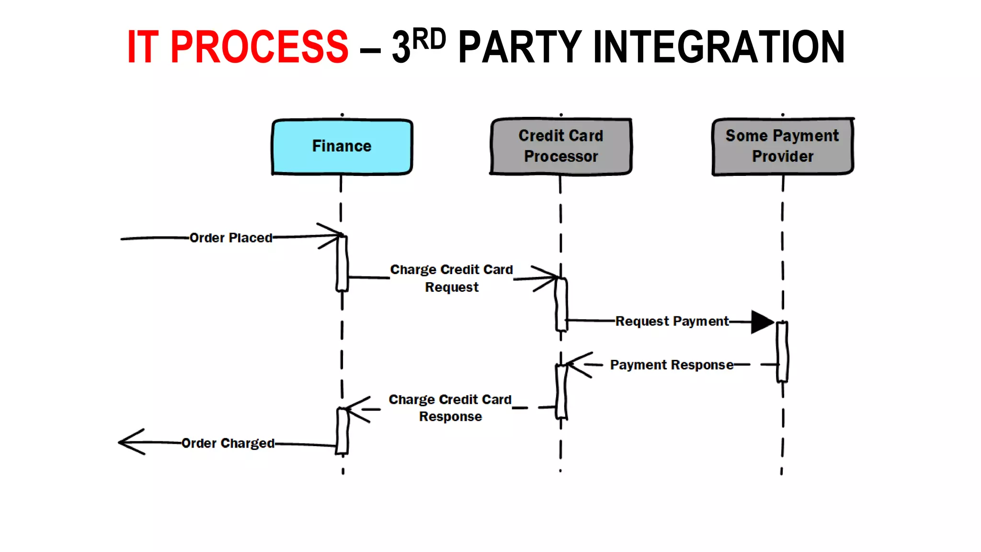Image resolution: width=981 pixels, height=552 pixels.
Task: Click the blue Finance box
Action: click(342, 147)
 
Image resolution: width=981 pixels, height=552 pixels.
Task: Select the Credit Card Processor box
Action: click(561, 146)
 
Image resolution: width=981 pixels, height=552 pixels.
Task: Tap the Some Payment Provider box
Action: click(782, 146)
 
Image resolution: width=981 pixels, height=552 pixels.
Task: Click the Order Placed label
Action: click(231, 238)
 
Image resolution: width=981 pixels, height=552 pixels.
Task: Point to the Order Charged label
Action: click(228, 443)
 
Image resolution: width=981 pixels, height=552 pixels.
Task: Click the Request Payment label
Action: click(672, 321)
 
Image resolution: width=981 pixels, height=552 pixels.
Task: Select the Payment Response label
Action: click(672, 365)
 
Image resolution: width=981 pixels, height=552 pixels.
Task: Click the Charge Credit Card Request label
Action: click(451, 278)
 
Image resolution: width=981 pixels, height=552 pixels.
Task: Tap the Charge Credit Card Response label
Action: click(450, 408)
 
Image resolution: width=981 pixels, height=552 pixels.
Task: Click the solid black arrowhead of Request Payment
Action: click(762, 322)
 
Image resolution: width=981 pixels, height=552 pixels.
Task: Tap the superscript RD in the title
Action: click(429, 39)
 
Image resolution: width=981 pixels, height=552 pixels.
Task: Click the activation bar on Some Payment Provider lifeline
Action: click(782, 352)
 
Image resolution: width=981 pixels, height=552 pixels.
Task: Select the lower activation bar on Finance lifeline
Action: click(342, 430)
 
